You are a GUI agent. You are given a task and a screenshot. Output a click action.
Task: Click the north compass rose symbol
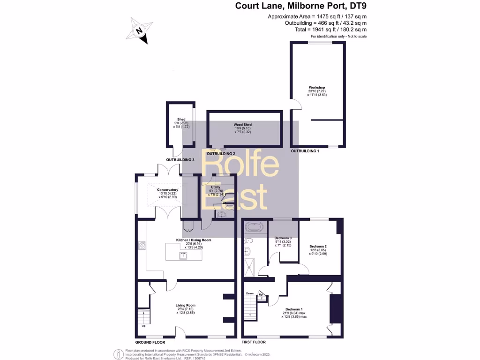140,31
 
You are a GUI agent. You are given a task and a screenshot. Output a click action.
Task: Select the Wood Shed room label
244,125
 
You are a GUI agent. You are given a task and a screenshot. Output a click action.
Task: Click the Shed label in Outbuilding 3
181,120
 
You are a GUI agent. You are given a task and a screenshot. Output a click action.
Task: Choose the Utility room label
215,187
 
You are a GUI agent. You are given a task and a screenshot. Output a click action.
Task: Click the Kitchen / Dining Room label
194,240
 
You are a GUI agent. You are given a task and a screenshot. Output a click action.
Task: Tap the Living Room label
185,305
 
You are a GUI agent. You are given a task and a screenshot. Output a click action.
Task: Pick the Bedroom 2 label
318,246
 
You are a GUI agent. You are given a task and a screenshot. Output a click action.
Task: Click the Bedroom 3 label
283,238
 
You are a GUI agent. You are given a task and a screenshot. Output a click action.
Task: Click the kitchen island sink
182,255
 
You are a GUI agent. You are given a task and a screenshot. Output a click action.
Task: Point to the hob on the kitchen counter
141,245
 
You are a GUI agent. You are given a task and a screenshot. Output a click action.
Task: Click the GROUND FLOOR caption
150,343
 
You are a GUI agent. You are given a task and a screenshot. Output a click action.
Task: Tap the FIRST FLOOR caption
255,343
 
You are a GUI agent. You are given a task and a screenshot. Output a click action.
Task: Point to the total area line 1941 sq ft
328,29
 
